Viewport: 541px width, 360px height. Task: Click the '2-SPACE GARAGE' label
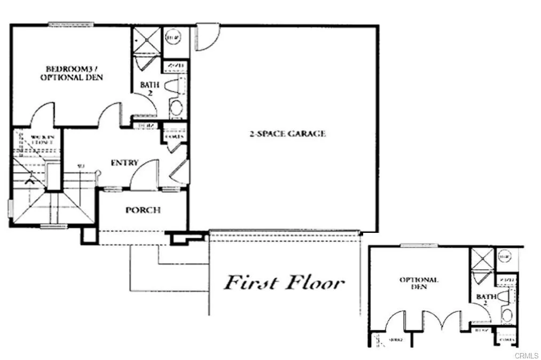(287, 134)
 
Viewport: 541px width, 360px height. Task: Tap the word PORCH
(143, 210)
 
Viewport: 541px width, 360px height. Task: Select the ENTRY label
(124, 162)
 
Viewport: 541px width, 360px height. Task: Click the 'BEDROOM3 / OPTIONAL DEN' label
(74, 73)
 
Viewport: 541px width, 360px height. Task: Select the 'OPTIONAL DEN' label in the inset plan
(419, 283)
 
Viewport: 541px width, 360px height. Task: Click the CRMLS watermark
(526, 354)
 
